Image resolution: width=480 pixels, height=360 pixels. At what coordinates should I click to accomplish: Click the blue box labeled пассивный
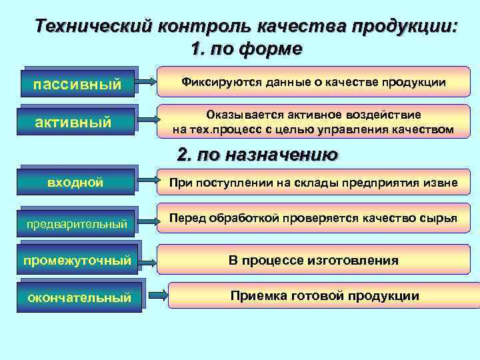(77, 84)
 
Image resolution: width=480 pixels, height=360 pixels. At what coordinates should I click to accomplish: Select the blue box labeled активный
(77, 121)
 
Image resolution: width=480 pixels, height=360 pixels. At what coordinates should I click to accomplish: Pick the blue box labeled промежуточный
(77, 260)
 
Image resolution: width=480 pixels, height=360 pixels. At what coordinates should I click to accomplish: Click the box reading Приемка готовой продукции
(325, 295)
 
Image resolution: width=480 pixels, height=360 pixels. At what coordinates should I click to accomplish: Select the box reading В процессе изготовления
(313, 260)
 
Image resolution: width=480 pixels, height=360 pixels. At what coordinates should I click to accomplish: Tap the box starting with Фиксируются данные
(313, 83)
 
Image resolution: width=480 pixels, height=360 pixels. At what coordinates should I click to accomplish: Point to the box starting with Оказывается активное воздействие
(313, 121)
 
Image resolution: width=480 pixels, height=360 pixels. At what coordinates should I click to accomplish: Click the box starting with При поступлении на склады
(313, 183)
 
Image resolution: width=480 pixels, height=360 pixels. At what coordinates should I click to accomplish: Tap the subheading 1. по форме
(246, 49)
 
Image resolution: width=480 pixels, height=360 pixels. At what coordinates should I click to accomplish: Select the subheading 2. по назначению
(257, 155)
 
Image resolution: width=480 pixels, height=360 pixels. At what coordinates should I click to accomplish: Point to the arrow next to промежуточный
(147, 259)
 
